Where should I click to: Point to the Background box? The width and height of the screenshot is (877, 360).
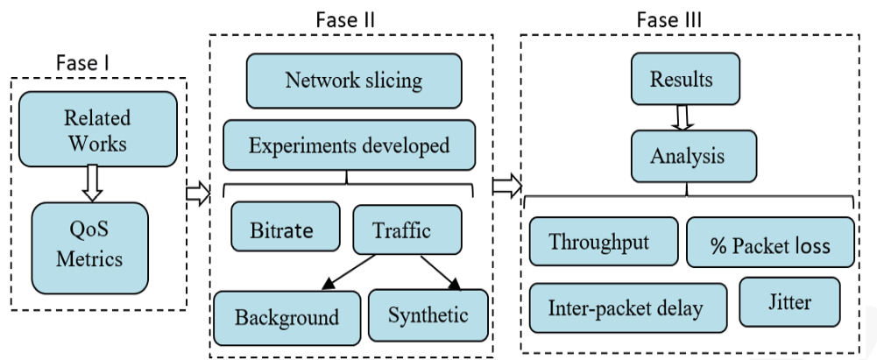[x=274, y=315]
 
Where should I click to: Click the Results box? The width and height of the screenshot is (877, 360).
[x=681, y=81]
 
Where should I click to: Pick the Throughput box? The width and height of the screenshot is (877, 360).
[x=604, y=241]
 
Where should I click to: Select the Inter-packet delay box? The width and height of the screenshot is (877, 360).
[x=626, y=307]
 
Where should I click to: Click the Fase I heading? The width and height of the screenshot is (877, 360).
[x=84, y=63]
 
